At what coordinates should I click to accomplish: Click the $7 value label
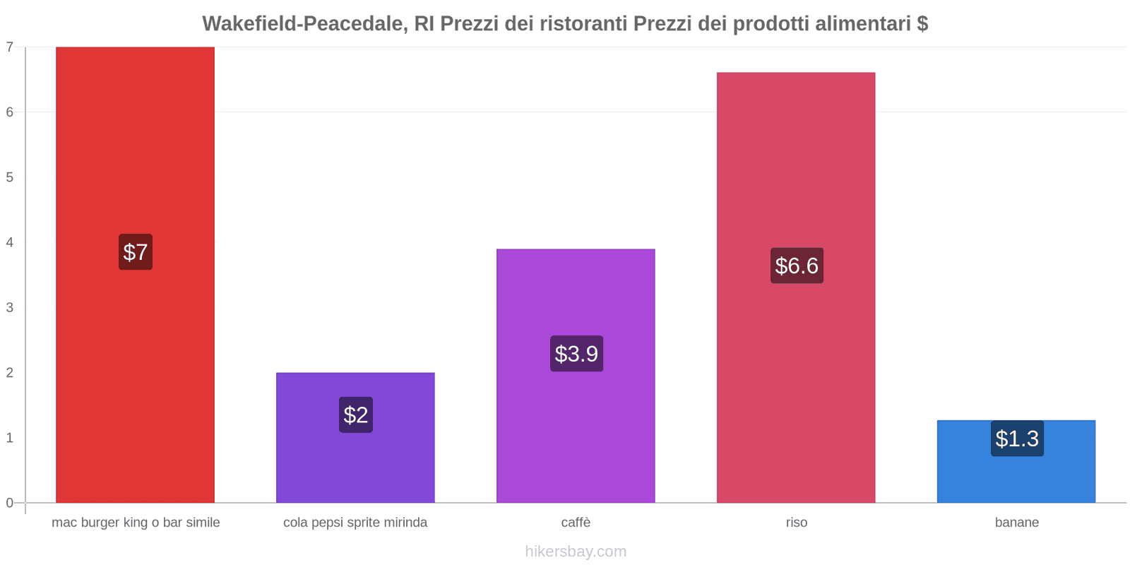click(136, 252)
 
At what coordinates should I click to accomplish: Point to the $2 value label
click(356, 415)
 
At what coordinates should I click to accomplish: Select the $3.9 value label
click(576, 353)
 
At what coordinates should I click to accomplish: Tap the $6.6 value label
click(797, 266)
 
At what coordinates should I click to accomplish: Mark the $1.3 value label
click(1017, 439)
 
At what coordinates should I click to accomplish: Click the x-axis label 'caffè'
click(576, 523)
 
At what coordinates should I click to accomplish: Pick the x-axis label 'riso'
click(797, 523)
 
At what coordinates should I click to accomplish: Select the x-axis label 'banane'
click(1017, 523)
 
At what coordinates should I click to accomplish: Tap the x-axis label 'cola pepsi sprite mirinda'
click(355, 523)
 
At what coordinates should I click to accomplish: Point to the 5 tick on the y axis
click(10, 177)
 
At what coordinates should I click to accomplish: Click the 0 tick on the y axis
click(10, 503)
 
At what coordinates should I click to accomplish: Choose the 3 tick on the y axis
click(10, 307)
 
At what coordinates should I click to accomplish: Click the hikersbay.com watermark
click(576, 552)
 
